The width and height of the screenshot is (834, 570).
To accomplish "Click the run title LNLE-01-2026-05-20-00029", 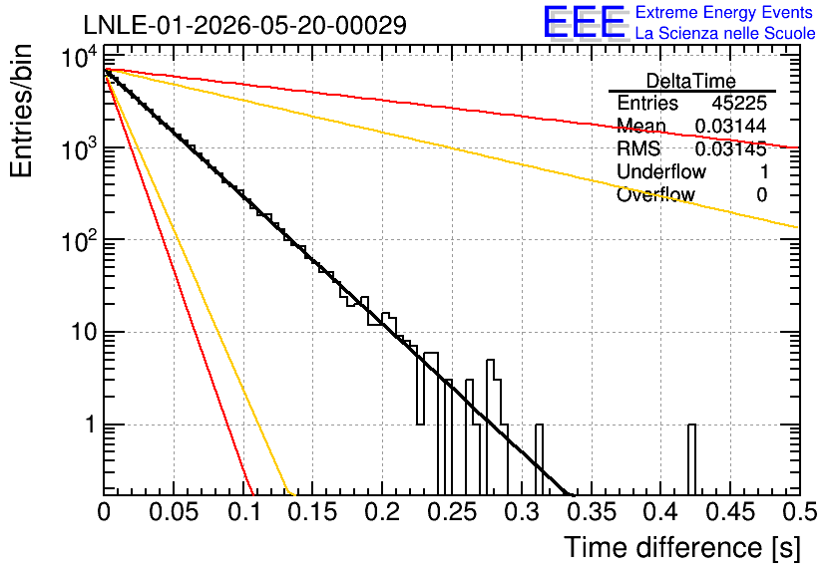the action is pos(245,25).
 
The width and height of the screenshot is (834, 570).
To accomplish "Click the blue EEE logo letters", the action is pos(585,22).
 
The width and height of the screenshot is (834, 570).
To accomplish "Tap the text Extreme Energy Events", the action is pos(724,12).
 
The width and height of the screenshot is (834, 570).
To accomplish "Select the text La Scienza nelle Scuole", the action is pos(725,33).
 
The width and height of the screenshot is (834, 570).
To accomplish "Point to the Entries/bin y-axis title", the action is pos(22,111).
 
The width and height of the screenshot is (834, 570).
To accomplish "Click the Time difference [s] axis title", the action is pos(682,548).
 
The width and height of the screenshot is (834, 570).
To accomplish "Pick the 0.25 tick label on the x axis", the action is pos(453,512).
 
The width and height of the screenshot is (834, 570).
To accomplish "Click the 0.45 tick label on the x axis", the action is pos(730,512).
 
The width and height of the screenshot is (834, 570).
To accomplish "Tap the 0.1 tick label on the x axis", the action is pos(245,512).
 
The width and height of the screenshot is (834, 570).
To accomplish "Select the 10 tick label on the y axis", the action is pos(84,333).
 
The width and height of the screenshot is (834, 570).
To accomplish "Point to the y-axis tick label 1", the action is pos(91,425).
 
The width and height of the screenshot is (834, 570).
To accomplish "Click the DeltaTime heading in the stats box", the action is pos(691,81).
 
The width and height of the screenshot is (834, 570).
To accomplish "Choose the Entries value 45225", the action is pos(739,103).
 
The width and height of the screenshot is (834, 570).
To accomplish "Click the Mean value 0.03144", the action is pos(731,126).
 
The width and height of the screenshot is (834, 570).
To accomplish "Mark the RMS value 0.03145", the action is pos(731,148).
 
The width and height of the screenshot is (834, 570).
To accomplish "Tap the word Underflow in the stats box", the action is pos(661,171).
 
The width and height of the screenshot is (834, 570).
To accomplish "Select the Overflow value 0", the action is pos(761,194).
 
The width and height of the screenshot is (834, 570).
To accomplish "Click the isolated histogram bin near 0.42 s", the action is pos(691,459).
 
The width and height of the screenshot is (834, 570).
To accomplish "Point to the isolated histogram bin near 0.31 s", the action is pos(539,459).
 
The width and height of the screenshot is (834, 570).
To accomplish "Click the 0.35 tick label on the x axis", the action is pos(592,512).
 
